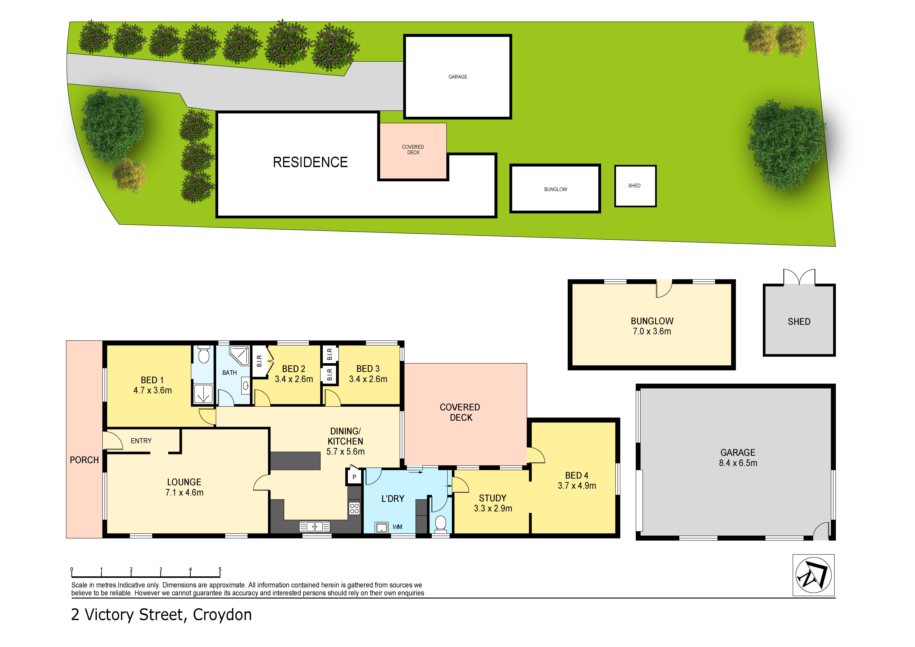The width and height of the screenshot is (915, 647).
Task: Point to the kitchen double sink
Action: [x=314, y=527]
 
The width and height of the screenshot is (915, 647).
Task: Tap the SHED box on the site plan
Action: [x=635, y=186]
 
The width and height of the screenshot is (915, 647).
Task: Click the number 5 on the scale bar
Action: [x=220, y=569]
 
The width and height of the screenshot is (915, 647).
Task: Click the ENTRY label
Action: [x=141, y=441]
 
